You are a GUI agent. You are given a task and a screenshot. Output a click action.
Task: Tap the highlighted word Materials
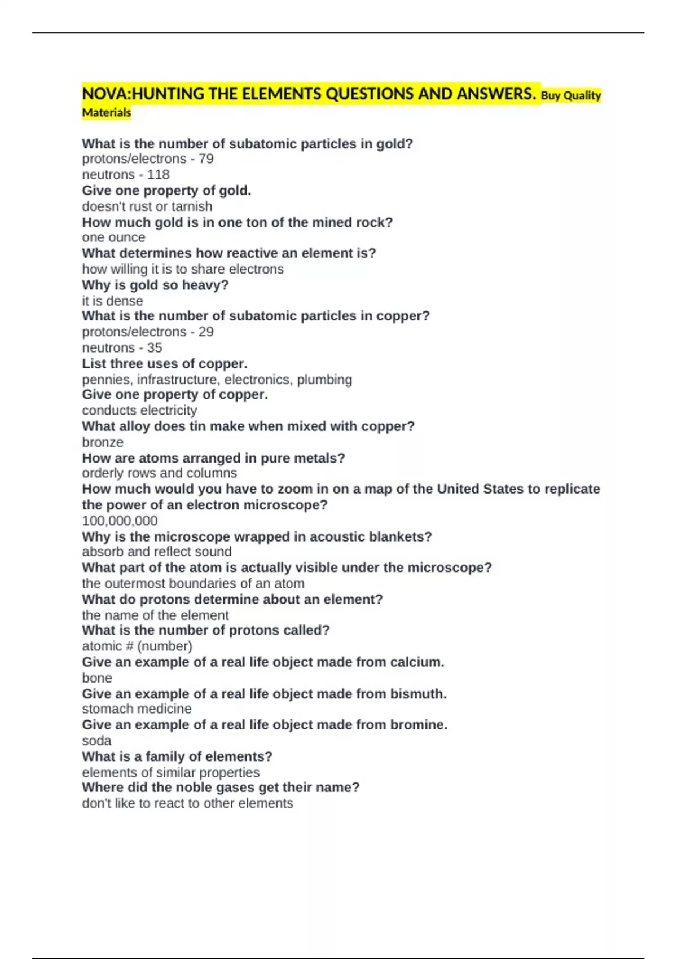click(107, 113)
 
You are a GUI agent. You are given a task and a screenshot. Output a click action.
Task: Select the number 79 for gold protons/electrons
click(206, 159)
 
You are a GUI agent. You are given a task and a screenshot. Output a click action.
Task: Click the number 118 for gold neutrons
click(158, 175)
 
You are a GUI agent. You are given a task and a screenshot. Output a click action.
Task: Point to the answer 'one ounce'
click(113, 237)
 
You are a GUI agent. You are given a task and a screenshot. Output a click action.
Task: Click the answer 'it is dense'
click(112, 301)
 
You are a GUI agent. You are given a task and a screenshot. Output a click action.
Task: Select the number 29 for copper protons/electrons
click(206, 332)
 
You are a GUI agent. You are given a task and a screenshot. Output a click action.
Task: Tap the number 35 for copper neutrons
click(154, 347)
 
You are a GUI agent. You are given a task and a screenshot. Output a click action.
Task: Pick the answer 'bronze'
click(103, 442)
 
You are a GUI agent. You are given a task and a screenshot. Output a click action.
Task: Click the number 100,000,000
click(120, 521)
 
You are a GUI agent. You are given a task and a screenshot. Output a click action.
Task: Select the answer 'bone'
click(97, 678)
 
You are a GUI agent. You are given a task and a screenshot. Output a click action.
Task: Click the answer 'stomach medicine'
click(137, 709)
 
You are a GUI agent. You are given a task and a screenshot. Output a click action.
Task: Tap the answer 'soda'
click(96, 741)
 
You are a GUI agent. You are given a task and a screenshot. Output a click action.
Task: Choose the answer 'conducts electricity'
click(139, 411)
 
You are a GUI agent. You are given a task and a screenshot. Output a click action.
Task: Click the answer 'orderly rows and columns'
click(159, 473)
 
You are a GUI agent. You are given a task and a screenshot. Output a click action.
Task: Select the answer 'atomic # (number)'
click(137, 646)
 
